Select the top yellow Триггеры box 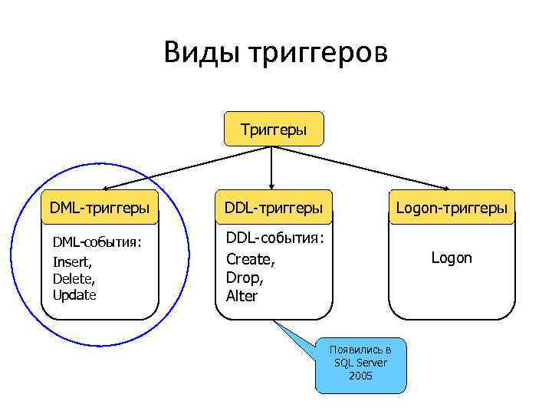click(x=273, y=129)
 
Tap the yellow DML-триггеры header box click(x=99, y=207)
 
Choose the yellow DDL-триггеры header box click(x=273, y=207)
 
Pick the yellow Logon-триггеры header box click(x=451, y=207)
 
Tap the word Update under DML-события click(x=74, y=294)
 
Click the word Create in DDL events click(x=249, y=259)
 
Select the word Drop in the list click(x=243, y=278)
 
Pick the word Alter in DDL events click(x=242, y=296)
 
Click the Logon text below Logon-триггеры click(x=451, y=258)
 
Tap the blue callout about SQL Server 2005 click(x=361, y=364)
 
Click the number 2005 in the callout click(x=360, y=376)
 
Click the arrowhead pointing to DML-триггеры click(x=107, y=187)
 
